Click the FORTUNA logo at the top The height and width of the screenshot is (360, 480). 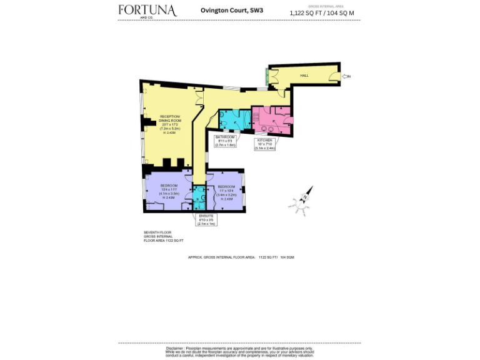click(x=147, y=11)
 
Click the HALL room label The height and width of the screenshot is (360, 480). click(x=304, y=76)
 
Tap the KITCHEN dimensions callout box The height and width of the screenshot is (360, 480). click(x=265, y=144)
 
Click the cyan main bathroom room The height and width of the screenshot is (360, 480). click(x=232, y=120)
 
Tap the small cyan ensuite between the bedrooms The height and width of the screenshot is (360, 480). click(x=199, y=199)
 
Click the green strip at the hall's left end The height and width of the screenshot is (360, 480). click(x=267, y=76)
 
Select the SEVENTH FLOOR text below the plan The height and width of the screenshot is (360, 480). click(x=156, y=232)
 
